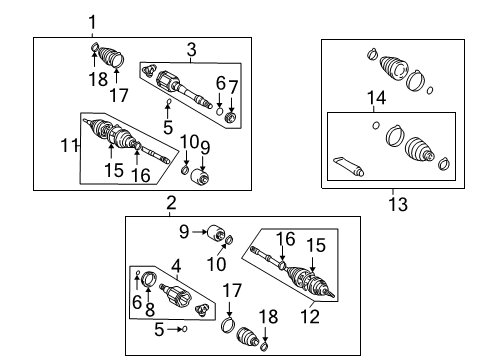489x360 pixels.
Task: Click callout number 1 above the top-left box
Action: [93, 22]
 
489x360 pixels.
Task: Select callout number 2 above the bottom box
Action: [171, 203]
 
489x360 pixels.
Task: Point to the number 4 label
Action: [176, 268]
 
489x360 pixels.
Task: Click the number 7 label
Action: [232, 87]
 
